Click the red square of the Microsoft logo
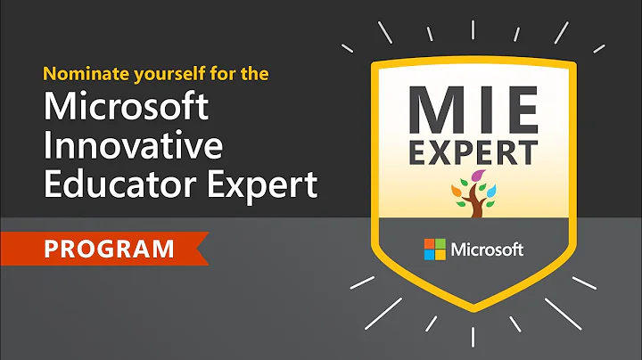click(x=429, y=244)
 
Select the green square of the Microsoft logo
click(x=440, y=244)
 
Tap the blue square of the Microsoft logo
click(x=429, y=255)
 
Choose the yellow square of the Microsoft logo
click(x=440, y=255)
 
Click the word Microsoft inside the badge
click(x=486, y=250)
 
